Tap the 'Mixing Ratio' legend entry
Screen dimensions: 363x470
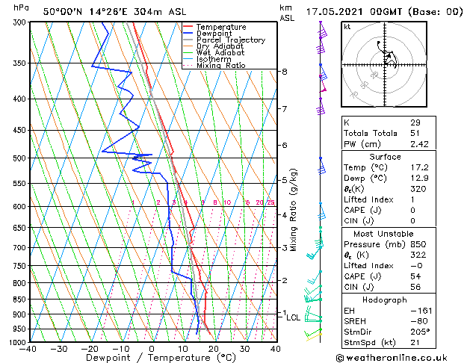[221, 66]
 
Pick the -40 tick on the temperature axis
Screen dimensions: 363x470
[29, 349]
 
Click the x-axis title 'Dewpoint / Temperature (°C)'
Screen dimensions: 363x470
[152, 359]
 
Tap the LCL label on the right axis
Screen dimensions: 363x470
[294, 317]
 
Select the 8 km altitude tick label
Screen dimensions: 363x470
[285, 72]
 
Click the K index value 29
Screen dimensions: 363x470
[415, 122]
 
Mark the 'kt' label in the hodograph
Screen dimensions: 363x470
[347, 26]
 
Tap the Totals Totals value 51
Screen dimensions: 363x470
[415, 133]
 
